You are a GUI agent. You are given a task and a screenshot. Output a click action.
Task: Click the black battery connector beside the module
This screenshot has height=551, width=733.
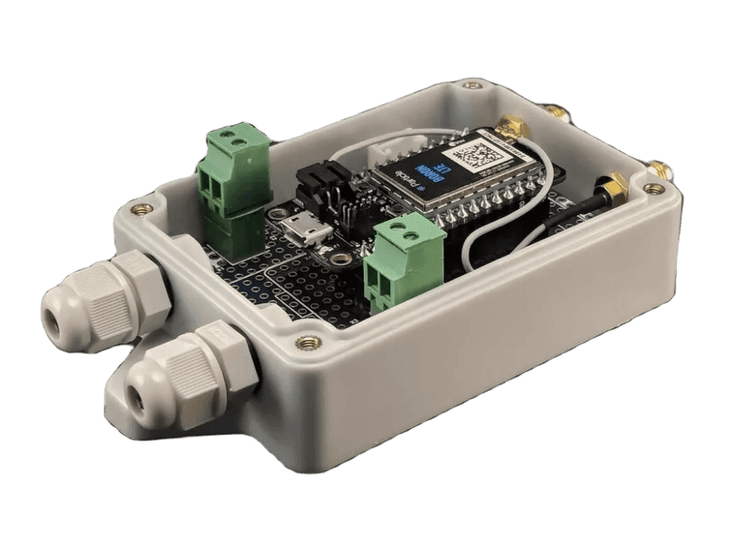pos(323,182)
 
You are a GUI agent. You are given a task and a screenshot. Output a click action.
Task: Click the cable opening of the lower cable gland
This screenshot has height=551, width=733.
pos(137,396)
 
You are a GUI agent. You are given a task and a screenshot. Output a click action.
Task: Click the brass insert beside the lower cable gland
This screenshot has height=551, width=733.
pos(309,343)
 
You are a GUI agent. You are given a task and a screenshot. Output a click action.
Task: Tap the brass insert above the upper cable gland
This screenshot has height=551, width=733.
pos(142,209)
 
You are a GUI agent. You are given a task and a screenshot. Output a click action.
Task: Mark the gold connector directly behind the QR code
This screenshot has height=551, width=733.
pos(513,127)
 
